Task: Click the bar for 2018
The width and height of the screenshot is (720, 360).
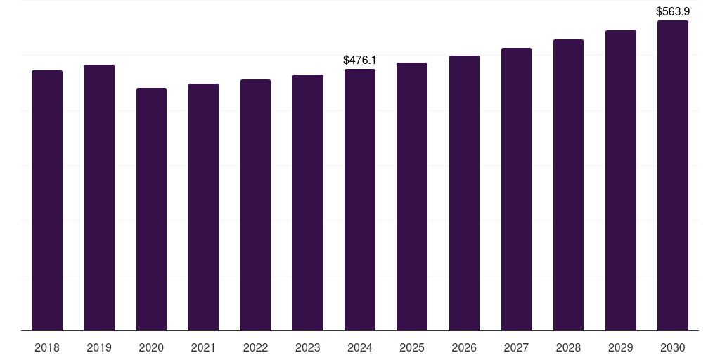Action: tap(47, 200)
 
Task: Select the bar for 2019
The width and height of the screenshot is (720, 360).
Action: tap(99, 198)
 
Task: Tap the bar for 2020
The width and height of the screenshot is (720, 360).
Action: tap(151, 209)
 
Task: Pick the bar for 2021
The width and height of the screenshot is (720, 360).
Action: tap(203, 207)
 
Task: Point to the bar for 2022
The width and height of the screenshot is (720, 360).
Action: tap(255, 205)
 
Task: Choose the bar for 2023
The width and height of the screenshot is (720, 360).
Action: tap(308, 202)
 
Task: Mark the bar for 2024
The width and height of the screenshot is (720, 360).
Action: tap(360, 200)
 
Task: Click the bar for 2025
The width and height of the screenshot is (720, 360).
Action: tap(412, 196)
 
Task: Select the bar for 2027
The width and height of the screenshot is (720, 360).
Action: tap(516, 189)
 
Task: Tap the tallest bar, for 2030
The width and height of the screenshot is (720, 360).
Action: tap(673, 176)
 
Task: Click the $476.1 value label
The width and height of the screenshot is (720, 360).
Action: tap(360, 60)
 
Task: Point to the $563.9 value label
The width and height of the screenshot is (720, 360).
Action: tap(673, 12)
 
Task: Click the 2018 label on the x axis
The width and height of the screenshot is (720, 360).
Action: tap(47, 347)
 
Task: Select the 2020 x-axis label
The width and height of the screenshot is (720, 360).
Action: tap(151, 347)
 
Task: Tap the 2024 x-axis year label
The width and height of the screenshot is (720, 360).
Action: tap(360, 347)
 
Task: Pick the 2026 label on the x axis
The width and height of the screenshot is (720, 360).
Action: tap(464, 347)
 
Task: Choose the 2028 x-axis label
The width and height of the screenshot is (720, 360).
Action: tap(568, 347)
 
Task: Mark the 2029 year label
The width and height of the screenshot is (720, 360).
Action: tap(621, 347)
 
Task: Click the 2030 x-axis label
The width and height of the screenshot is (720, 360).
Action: tap(673, 347)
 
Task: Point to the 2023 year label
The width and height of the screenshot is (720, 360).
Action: tap(308, 347)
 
